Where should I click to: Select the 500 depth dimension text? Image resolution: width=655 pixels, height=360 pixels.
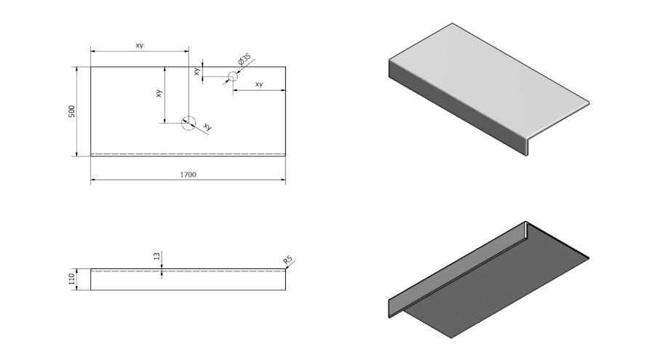click(71, 111)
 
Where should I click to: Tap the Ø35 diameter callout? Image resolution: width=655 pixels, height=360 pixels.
click(245, 58)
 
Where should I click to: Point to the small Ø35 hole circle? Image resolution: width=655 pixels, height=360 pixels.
click(233, 76)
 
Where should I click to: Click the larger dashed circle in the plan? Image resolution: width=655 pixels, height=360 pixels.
click(188, 122)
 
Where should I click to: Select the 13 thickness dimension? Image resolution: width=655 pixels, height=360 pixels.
click(156, 256)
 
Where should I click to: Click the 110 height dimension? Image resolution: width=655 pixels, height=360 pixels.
click(71, 279)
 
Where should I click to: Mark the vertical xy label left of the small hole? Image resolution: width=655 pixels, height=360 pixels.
click(196, 71)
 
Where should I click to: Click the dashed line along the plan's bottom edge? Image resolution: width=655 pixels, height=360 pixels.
click(188, 153)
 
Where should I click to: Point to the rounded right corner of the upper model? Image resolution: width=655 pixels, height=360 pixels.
click(586, 103)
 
